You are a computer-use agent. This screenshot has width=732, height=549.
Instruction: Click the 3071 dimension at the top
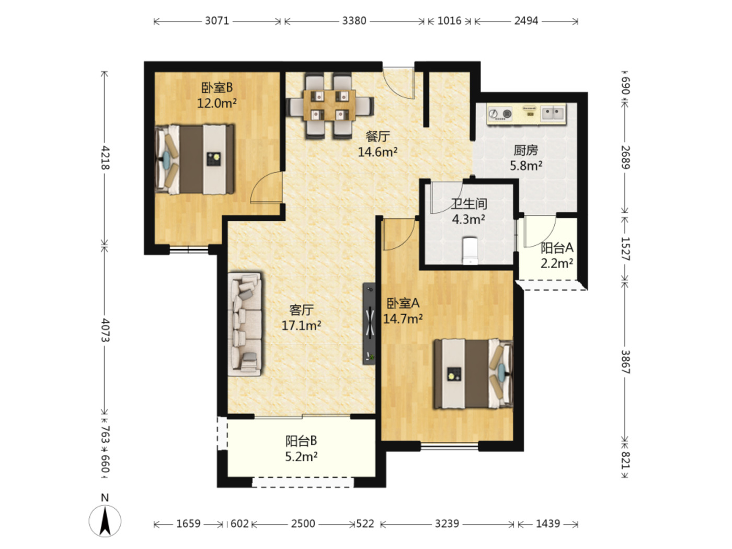[x=217, y=21]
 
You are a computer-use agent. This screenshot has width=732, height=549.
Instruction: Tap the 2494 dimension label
[x=526, y=21]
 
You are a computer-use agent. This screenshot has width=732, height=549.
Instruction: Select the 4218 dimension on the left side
[x=105, y=157]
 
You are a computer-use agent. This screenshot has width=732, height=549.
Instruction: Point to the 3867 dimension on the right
[x=625, y=362]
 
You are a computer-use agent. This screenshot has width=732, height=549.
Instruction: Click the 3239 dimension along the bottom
[x=447, y=524]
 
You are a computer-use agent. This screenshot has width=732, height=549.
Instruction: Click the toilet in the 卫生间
[x=470, y=250]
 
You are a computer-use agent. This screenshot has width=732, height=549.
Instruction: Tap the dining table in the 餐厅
[x=329, y=105]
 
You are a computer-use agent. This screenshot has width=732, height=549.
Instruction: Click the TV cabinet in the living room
[x=369, y=323]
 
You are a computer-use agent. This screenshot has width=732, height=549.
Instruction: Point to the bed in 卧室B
[x=195, y=159]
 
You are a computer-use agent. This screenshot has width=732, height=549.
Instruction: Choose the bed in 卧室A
[x=473, y=374]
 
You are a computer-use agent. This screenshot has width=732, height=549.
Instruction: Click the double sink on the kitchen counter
[x=553, y=112]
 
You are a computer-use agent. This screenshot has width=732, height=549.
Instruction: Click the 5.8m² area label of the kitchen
[x=526, y=165]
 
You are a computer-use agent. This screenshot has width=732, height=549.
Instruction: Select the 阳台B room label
[x=301, y=441]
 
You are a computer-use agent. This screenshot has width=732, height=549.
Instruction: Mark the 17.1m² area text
[x=302, y=325]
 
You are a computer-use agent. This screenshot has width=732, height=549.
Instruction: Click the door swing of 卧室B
[x=266, y=187]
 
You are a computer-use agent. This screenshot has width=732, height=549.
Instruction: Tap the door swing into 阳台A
[x=540, y=231]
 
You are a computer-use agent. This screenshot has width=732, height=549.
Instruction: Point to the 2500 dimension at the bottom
[x=303, y=524]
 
